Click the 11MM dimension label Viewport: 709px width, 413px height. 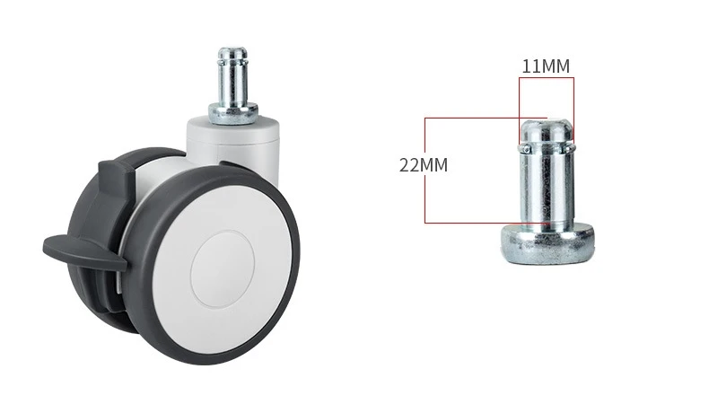546,66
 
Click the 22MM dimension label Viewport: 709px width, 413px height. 423,165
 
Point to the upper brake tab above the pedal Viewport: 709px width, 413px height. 112,171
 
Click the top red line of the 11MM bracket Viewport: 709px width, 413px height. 546,78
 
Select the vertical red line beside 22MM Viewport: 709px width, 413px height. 425,193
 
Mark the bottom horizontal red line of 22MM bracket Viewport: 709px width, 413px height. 485,222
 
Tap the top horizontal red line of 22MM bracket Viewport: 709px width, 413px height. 485,117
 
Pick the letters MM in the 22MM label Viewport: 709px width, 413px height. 433,165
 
